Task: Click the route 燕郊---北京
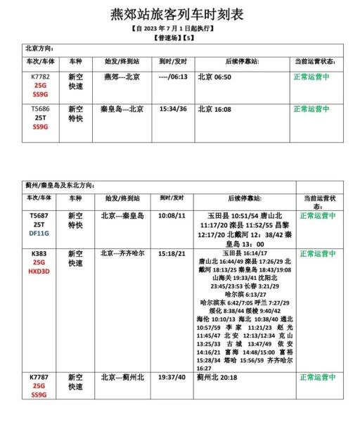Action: pos(122,76)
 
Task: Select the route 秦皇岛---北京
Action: pos(122,109)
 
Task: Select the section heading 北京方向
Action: pos(39,49)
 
